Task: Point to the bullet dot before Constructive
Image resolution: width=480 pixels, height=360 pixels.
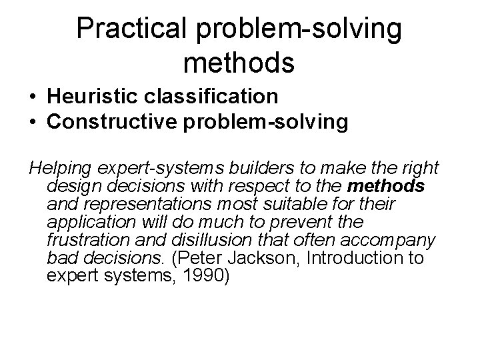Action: point(33,122)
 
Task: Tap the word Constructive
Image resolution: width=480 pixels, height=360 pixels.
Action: point(113,122)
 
